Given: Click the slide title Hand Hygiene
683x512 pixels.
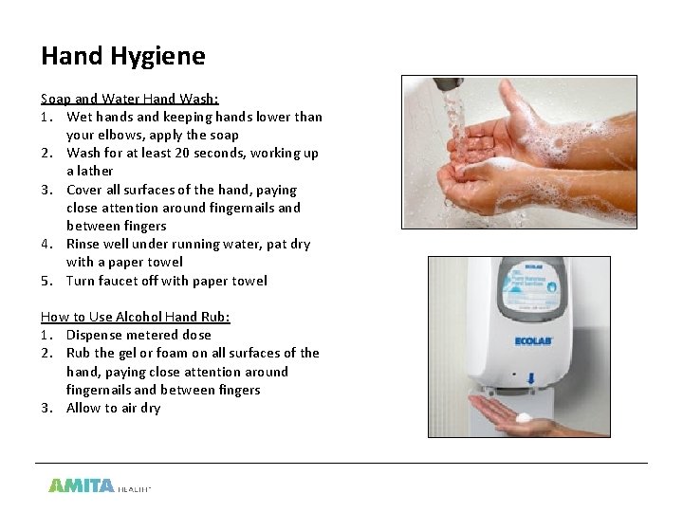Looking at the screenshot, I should coord(122,56).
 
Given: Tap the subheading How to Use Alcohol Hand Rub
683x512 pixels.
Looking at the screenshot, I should coord(136,317).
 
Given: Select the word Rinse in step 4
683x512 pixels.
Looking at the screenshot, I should coord(83,244).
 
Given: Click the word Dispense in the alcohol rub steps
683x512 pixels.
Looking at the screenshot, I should coord(96,335).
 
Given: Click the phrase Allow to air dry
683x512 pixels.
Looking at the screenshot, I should coord(113,408).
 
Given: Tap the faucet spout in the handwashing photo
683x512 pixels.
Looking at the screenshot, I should coord(447,85).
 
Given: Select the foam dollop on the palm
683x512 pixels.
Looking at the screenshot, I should coord(523,417).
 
